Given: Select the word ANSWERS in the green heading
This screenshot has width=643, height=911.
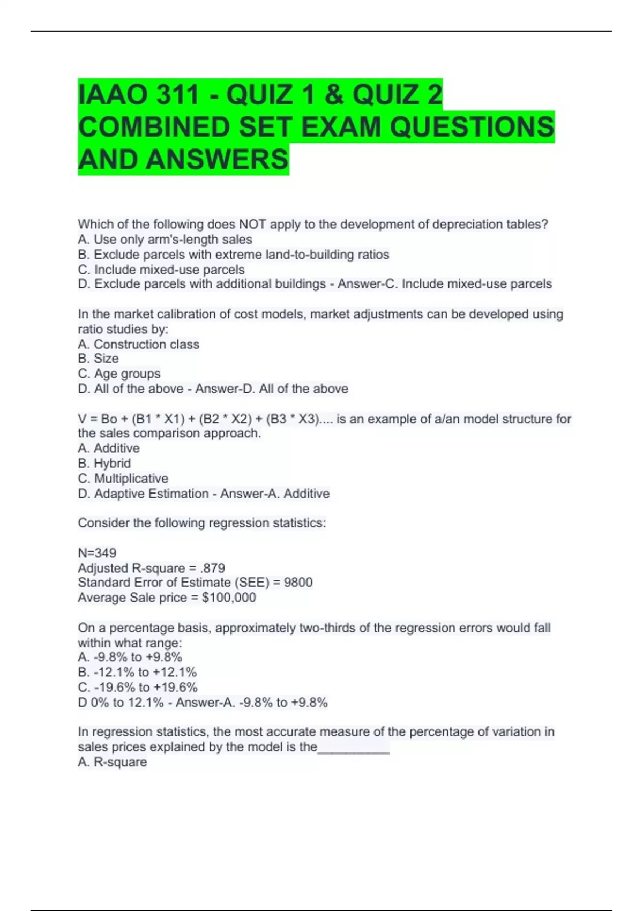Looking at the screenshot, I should (x=216, y=160).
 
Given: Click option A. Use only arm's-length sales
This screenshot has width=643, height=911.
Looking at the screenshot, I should (x=165, y=240).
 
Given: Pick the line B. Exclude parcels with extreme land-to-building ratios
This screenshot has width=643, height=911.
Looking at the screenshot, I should (x=234, y=255).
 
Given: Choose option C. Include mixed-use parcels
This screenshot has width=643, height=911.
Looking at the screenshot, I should (x=161, y=270).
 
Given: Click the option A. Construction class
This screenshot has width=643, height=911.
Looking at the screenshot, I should (x=138, y=344).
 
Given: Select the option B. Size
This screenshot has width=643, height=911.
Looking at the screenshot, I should (x=98, y=359).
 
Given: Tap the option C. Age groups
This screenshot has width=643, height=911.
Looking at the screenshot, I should (x=119, y=374).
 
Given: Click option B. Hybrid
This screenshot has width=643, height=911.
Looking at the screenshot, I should (x=104, y=463).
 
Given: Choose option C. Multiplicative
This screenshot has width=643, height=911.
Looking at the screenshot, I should (x=123, y=478).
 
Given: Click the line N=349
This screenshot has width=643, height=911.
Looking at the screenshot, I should (x=97, y=552).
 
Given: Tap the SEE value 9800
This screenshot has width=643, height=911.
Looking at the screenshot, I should (x=298, y=583).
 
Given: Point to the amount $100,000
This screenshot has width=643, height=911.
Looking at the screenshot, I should (x=229, y=598).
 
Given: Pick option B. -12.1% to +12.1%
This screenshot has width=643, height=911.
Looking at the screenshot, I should (x=137, y=672).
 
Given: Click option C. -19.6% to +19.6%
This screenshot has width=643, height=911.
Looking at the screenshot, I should (x=138, y=687).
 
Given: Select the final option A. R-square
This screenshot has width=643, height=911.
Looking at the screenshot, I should (x=113, y=762).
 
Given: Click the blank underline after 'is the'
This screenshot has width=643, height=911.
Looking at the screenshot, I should (x=354, y=748).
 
